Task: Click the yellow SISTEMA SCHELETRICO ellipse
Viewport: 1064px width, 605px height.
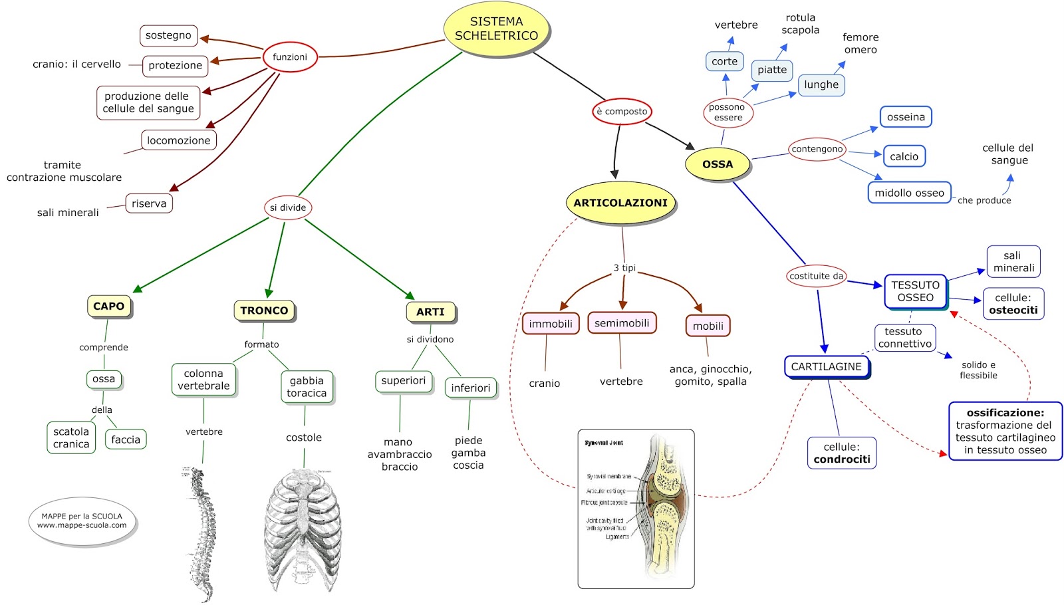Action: point(496,29)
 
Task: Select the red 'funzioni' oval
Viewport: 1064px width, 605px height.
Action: point(290,57)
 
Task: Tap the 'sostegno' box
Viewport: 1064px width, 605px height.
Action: point(168,35)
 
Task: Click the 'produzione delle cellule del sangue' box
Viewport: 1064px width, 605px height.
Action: point(148,102)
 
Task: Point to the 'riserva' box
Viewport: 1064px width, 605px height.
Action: point(149,203)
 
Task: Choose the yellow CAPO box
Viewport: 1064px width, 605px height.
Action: point(109,306)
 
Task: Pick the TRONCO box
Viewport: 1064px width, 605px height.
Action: point(264,310)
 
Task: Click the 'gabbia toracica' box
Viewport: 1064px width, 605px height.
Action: point(307,387)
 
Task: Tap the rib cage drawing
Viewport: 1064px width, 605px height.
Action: point(303,529)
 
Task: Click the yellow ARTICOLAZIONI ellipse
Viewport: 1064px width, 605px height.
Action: point(620,203)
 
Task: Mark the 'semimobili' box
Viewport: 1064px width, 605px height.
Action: point(622,323)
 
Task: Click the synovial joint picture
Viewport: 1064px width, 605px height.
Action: point(636,509)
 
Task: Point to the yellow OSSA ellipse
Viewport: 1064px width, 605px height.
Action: point(718,164)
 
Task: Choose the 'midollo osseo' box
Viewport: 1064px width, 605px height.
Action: point(909,193)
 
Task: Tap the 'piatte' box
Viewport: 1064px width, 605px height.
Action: point(772,70)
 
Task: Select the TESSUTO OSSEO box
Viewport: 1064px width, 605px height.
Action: point(916,291)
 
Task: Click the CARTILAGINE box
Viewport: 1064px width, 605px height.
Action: point(827,366)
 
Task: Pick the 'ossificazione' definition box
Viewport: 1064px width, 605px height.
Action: point(1005,431)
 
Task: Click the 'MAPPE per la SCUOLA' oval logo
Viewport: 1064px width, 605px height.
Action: point(82,521)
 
